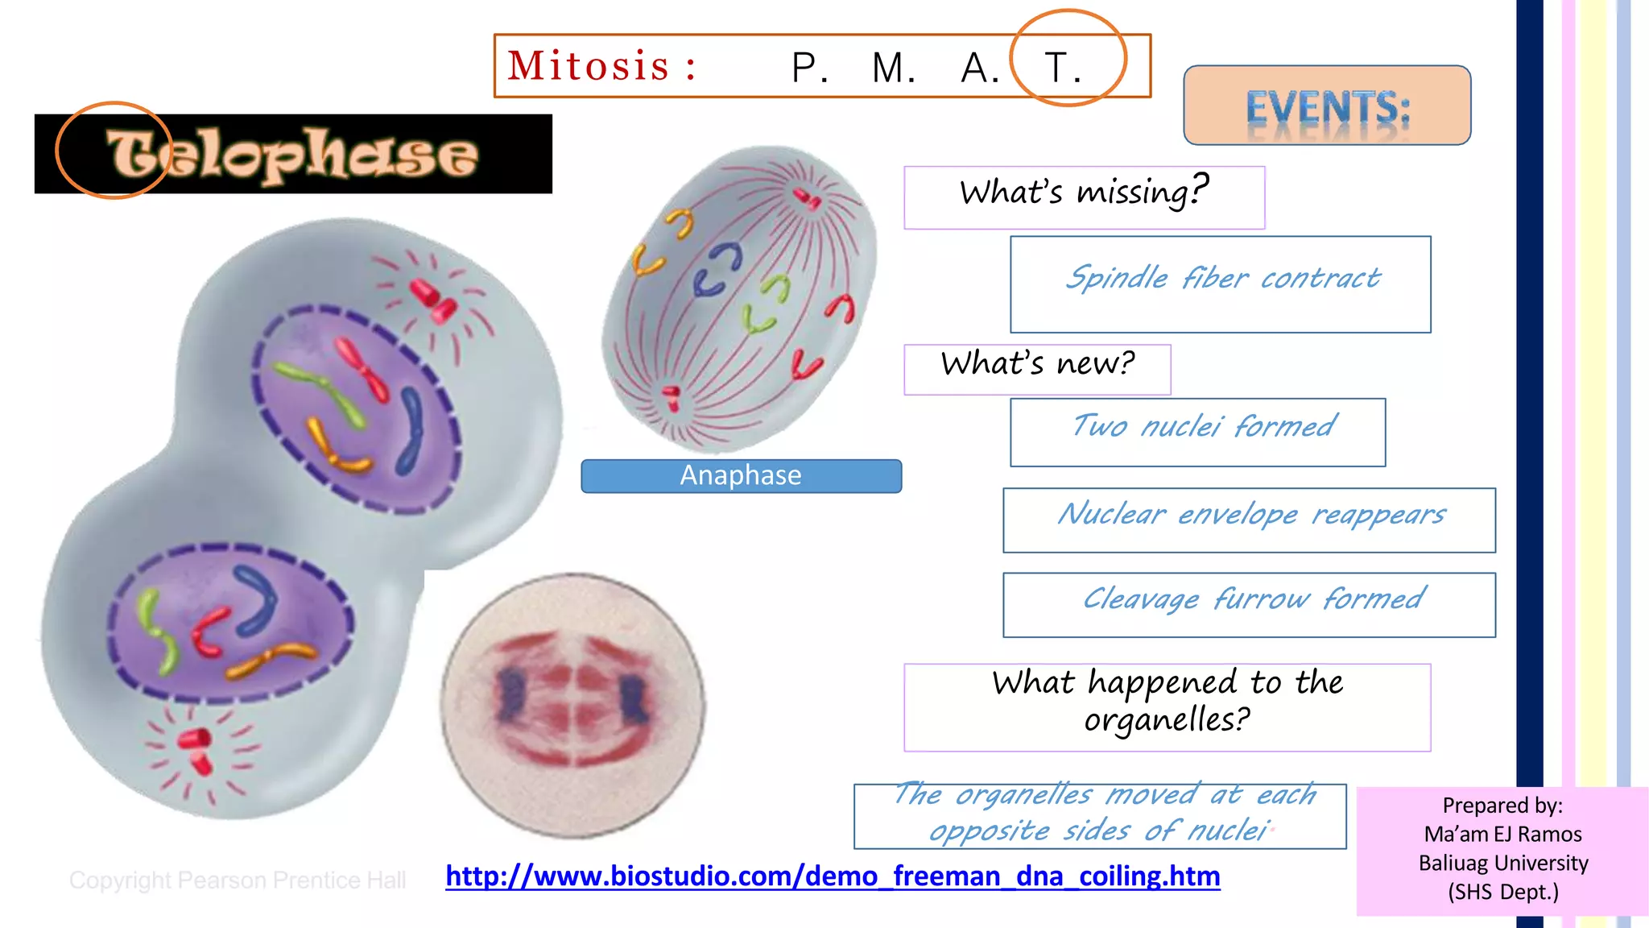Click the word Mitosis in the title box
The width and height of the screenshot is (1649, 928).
[589, 66]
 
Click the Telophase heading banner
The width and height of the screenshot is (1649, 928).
[293, 154]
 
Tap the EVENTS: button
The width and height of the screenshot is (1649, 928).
[1327, 106]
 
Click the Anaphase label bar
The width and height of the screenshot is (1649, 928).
[741, 475]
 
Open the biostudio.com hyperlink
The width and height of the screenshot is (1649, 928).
[833, 876]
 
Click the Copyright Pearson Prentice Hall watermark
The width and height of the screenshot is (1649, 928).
[238, 880]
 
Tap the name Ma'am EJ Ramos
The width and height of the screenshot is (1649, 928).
[1502, 835]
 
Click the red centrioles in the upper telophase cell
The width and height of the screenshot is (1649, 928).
[433, 300]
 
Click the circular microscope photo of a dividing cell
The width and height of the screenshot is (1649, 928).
[573, 703]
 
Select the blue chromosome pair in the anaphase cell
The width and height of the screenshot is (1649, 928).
[717, 271]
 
